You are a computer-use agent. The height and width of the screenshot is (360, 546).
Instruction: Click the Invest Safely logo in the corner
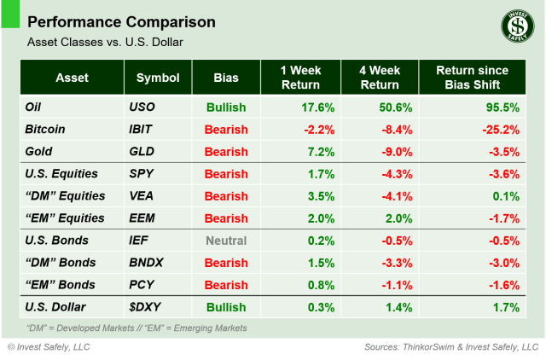pos(514,28)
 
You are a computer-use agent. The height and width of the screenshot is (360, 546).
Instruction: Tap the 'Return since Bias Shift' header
pos(471,78)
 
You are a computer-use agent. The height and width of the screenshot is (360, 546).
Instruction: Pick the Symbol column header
pos(158,78)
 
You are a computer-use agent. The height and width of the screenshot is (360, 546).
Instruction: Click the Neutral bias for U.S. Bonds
pos(225,241)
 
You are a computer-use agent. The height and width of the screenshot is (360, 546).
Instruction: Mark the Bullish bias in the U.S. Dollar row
pos(225,307)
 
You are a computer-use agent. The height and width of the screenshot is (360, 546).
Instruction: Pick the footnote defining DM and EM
pos(136,328)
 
